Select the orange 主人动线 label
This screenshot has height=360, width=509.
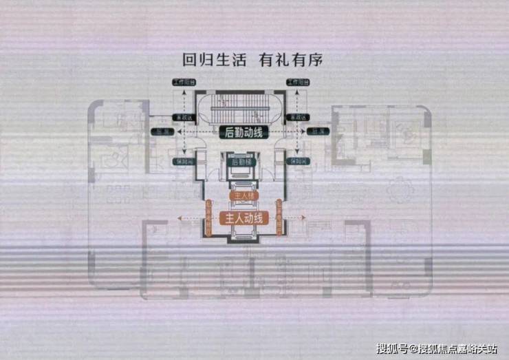[241, 219]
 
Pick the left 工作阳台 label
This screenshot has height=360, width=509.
[184, 83]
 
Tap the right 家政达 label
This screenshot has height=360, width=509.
[298, 118]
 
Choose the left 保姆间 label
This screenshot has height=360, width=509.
[182, 161]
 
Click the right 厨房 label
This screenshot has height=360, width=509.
[318, 131]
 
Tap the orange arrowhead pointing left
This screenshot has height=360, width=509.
[179, 219]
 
